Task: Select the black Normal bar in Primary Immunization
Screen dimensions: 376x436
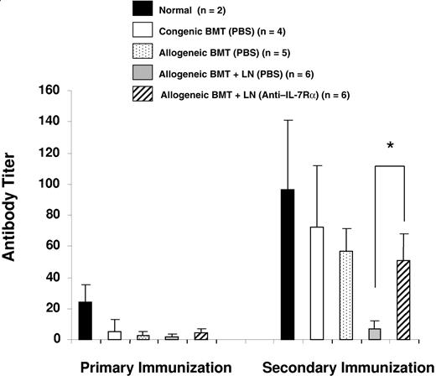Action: point(85,321)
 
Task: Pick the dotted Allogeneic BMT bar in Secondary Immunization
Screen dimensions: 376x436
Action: point(345,295)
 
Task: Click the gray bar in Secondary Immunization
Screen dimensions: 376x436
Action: point(375,333)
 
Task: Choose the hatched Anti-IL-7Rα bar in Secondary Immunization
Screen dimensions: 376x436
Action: point(404,300)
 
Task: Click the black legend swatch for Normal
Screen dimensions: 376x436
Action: point(143,10)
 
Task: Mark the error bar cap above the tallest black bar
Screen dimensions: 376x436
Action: point(288,120)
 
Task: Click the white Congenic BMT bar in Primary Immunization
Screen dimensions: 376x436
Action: point(114,335)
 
